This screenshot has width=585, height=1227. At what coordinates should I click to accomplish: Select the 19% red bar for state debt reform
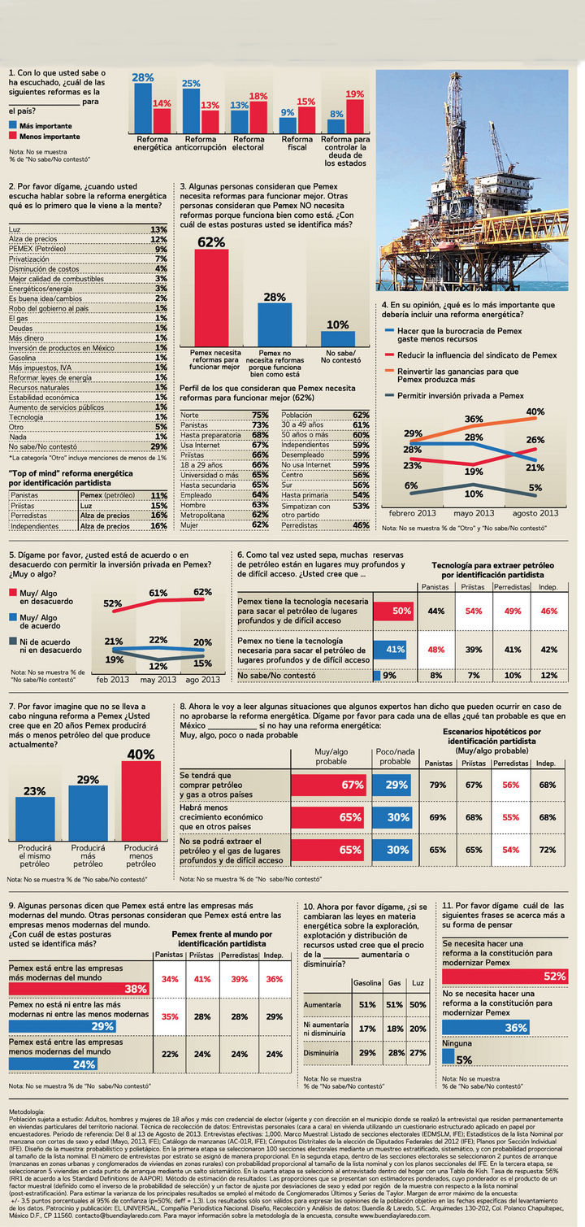[x=354, y=116]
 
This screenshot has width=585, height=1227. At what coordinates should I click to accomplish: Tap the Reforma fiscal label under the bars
[x=297, y=143]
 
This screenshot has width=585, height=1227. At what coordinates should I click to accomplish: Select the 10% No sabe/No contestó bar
[x=331, y=338]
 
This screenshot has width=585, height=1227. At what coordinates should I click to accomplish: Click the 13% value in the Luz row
[x=158, y=230]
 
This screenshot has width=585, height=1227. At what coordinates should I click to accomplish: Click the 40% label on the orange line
[x=535, y=412]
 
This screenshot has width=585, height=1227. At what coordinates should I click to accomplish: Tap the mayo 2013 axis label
[x=474, y=513]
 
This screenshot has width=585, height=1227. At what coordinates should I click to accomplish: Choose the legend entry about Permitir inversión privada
[x=460, y=395]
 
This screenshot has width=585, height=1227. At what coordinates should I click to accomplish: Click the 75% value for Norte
[x=260, y=415]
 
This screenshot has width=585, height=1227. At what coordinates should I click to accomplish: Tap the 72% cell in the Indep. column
[x=547, y=850]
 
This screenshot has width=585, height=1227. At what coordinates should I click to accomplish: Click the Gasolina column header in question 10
[x=366, y=984]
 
